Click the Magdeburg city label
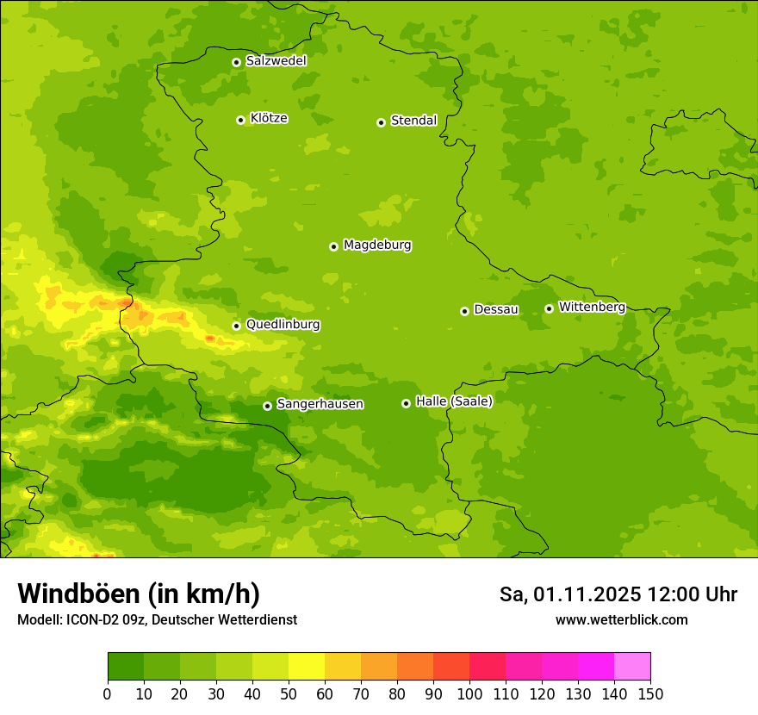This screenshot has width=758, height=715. tap(377, 246)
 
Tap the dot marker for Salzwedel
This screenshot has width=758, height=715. tap(236, 62)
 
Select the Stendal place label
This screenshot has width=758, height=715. tap(414, 121)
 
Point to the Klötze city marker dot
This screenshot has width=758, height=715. tap(240, 120)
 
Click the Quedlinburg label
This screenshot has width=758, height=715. tap(283, 325)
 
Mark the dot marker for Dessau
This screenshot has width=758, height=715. tap(464, 311)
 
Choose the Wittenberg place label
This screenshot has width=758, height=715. tap(592, 307)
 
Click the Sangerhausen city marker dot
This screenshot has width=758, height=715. tap(267, 406)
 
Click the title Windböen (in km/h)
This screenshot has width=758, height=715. tap(139, 594)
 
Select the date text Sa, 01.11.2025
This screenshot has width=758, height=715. tap(570, 594)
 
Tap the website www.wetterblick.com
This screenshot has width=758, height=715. tap(621, 619)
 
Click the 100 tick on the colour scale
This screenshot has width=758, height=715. tap(469, 693)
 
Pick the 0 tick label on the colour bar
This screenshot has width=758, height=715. tap(108, 693)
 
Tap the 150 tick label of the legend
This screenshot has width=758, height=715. tap(650, 693)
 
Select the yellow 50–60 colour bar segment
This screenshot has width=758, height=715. tap(307, 667)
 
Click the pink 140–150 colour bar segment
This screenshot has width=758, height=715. tap(632, 667)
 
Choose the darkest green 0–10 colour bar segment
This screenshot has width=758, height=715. tap(126, 667)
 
